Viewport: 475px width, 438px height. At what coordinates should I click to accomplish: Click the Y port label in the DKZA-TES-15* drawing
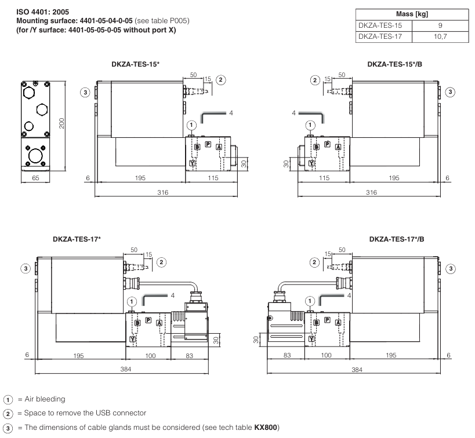tap(193, 164)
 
